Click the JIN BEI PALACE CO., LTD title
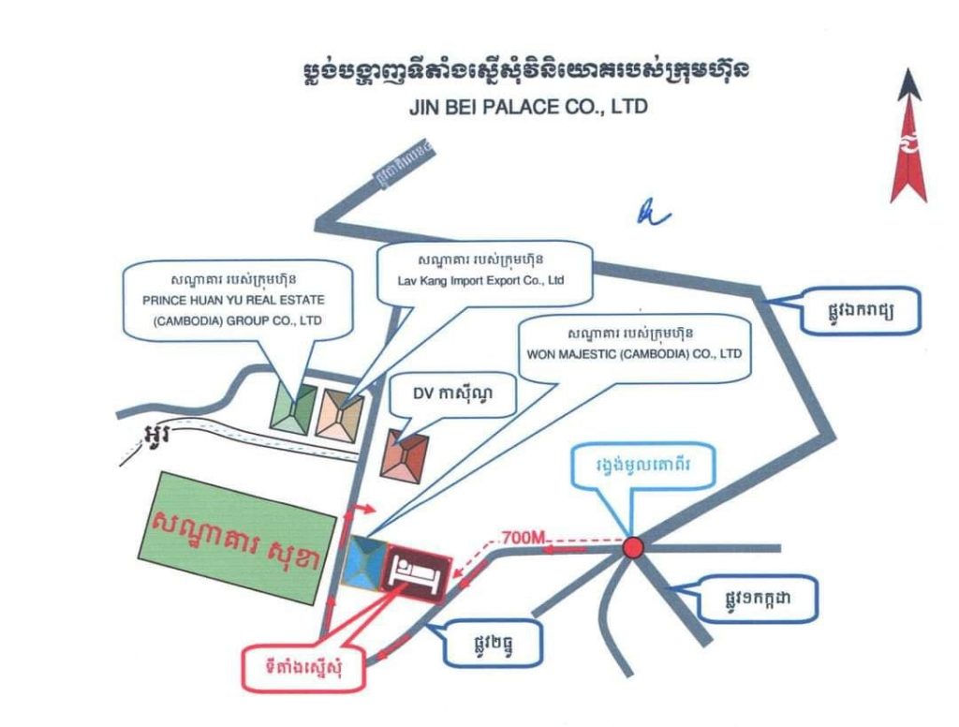[528, 108]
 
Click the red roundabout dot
[634, 547]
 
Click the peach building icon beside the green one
[340, 413]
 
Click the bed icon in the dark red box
[413, 570]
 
